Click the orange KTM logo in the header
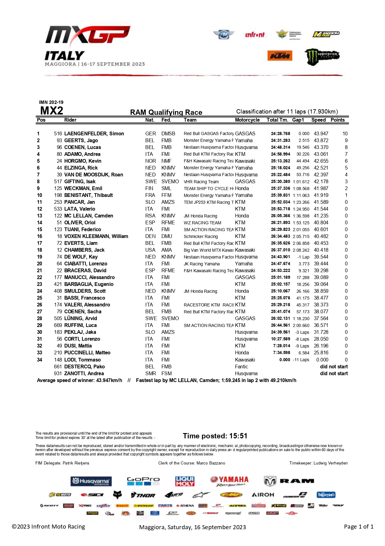pyautogui.click(x=280, y=56)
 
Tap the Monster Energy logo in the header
pyautogui.click(x=322, y=57)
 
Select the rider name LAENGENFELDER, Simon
pyautogui.click(x=94, y=133)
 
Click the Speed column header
pyautogui.click(x=319, y=120)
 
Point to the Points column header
pyautogui.click(x=337, y=120)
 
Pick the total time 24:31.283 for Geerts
pyautogui.click(x=280, y=141)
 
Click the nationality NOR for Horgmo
pyautogui.click(x=151, y=161)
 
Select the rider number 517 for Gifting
pyautogui.click(x=58, y=182)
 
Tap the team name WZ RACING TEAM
pyautogui.click(x=202, y=223)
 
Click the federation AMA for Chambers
pyautogui.click(x=166, y=250)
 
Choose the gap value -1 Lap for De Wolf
pyautogui.click(x=303, y=257)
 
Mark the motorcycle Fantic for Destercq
pyautogui.click(x=242, y=367)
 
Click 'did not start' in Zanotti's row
pyautogui.click(x=334, y=374)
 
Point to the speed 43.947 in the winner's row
pyautogui.click(x=321, y=134)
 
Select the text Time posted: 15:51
pyautogui.click(x=215, y=436)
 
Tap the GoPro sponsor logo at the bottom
pyautogui.click(x=143, y=481)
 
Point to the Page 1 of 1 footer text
pyautogui.click(x=359, y=527)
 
